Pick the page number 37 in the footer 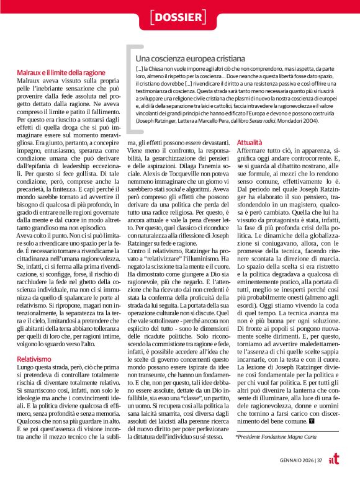pos(318,460)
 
